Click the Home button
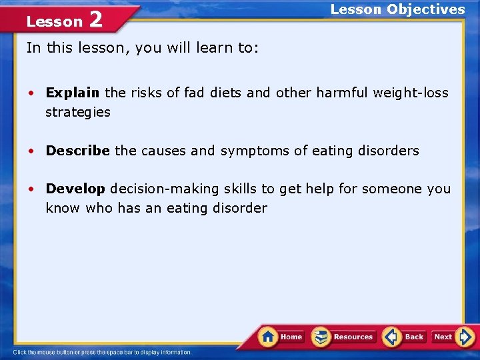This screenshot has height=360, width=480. pyautogui.click(x=282, y=337)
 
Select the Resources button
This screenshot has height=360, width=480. pyautogui.click(x=343, y=337)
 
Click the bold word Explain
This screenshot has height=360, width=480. pyautogui.click(x=73, y=93)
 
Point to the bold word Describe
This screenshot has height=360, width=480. pyautogui.click(x=77, y=151)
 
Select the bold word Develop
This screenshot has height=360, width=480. pyautogui.click(x=75, y=189)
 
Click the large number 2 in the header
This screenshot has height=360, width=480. pyautogui.click(x=95, y=19)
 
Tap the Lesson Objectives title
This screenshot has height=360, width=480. pyautogui.click(x=397, y=9)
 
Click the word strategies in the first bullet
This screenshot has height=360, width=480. pyautogui.click(x=78, y=112)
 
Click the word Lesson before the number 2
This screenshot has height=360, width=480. pyautogui.click(x=54, y=21)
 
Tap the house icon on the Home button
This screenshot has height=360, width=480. pyautogui.click(x=268, y=336)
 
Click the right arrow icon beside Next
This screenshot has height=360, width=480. pyautogui.click(x=466, y=337)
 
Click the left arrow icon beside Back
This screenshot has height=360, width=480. pyautogui.click(x=392, y=337)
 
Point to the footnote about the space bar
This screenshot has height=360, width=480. pyautogui.click(x=102, y=352)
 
